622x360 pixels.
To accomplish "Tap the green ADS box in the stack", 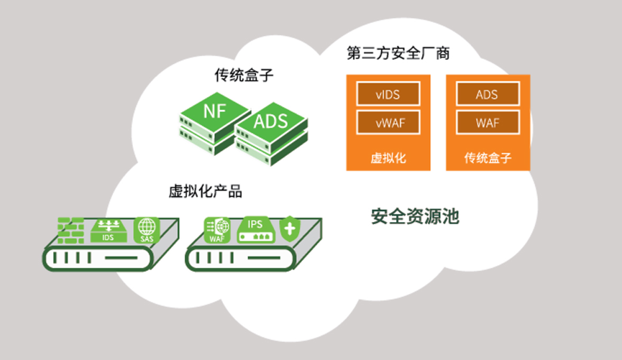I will pyautogui.click(x=270, y=122).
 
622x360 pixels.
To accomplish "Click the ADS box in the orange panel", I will pyautogui.click(x=487, y=94).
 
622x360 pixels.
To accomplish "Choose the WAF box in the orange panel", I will pyautogui.click(x=487, y=123).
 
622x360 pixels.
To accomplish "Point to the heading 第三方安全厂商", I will pyautogui.click(x=398, y=54).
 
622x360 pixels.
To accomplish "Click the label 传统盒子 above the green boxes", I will pyautogui.click(x=244, y=75).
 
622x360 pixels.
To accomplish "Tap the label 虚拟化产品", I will pyautogui.click(x=205, y=191).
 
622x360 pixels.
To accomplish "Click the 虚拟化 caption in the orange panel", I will pyautogui.click(x=388, y=158).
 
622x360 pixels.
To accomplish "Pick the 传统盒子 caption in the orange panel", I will pyautogui.click(x=487, y=158).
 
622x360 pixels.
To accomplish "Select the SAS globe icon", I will pyautogui.click(x=147, y=230).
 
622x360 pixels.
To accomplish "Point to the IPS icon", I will pyautogui.click(x=255, y=229).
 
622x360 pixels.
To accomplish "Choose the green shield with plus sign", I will pyautogui.click(x=291, y=229).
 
